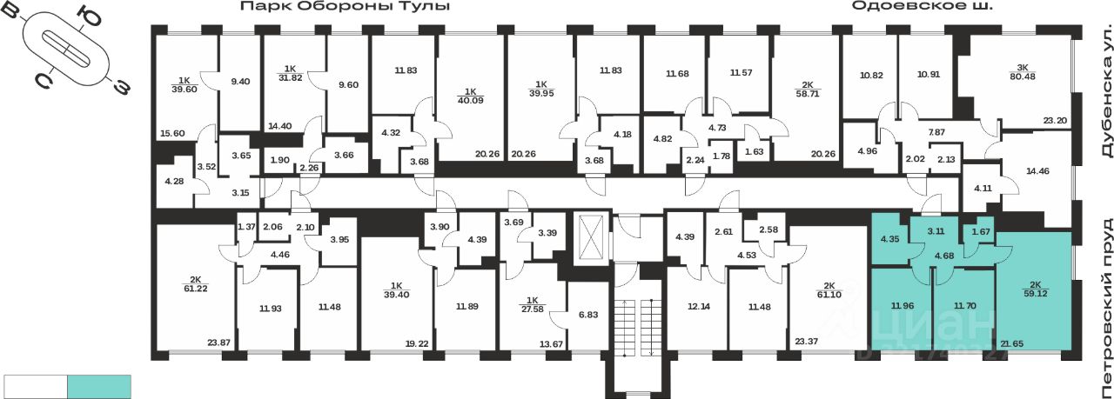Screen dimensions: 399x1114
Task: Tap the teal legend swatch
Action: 99,386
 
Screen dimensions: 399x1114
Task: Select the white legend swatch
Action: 36,386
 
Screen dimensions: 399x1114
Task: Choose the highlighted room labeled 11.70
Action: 963,305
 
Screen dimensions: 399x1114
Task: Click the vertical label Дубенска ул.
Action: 1100,103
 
